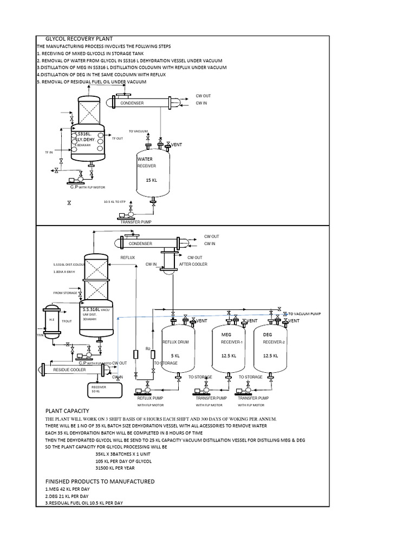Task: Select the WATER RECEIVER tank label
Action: tap(146, 162)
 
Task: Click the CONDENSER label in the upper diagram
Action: tap(132, 103)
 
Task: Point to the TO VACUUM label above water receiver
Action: tap(138, 131)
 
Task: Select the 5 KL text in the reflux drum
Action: tap(175, 355)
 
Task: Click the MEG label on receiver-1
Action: tap(226, 335)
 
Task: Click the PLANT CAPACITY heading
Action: tap(67, 411)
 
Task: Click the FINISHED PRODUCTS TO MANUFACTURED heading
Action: tap(100, 481)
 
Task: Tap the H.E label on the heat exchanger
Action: tap(52, 320)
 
